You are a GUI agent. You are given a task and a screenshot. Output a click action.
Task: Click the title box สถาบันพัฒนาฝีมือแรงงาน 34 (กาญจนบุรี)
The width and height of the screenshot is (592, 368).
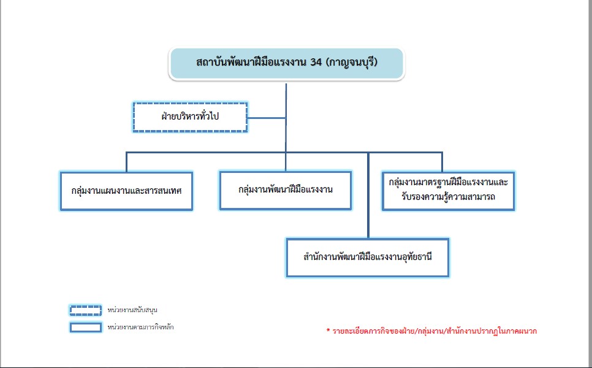(287, 63)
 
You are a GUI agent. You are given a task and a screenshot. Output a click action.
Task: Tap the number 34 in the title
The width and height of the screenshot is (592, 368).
(316, 62)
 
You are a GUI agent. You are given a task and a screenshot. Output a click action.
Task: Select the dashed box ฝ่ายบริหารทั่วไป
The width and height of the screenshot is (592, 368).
(190, 117)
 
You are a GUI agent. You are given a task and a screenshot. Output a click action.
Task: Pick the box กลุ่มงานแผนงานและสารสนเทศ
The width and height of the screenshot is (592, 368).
(126, 191)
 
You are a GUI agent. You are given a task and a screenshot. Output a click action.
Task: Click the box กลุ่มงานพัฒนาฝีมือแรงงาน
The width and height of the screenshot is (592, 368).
(286, 190)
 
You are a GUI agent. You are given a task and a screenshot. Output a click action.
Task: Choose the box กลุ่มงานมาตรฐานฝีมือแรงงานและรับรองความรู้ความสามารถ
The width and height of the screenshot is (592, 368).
(448, 191)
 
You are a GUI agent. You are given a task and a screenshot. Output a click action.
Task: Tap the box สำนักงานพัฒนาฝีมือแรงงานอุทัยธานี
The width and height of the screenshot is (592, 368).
(367, 258)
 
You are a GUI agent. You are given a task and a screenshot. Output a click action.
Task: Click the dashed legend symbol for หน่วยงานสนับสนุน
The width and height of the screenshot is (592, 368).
(86, 310)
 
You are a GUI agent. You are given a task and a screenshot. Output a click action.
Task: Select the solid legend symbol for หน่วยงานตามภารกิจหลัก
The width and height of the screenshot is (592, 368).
(86, 327)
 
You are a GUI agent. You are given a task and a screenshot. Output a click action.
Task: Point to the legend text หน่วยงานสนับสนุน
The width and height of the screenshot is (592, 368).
(132, 310)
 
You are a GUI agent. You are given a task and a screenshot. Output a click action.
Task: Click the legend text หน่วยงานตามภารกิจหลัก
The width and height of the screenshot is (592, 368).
(140, 327)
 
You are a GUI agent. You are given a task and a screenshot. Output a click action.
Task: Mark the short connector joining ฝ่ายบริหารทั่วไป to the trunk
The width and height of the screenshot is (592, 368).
(267, 118)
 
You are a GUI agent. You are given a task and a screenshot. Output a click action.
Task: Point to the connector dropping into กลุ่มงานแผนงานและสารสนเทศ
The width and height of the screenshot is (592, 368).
(126, 162)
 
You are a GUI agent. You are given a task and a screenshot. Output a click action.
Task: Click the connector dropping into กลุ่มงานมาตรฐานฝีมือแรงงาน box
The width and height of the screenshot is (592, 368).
(442, 162)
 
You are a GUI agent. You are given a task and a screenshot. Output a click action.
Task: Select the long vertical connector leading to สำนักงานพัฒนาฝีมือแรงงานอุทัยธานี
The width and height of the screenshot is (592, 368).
(368, 195)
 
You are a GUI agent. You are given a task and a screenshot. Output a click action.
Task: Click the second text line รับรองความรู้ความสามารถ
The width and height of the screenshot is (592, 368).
(448, 197)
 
